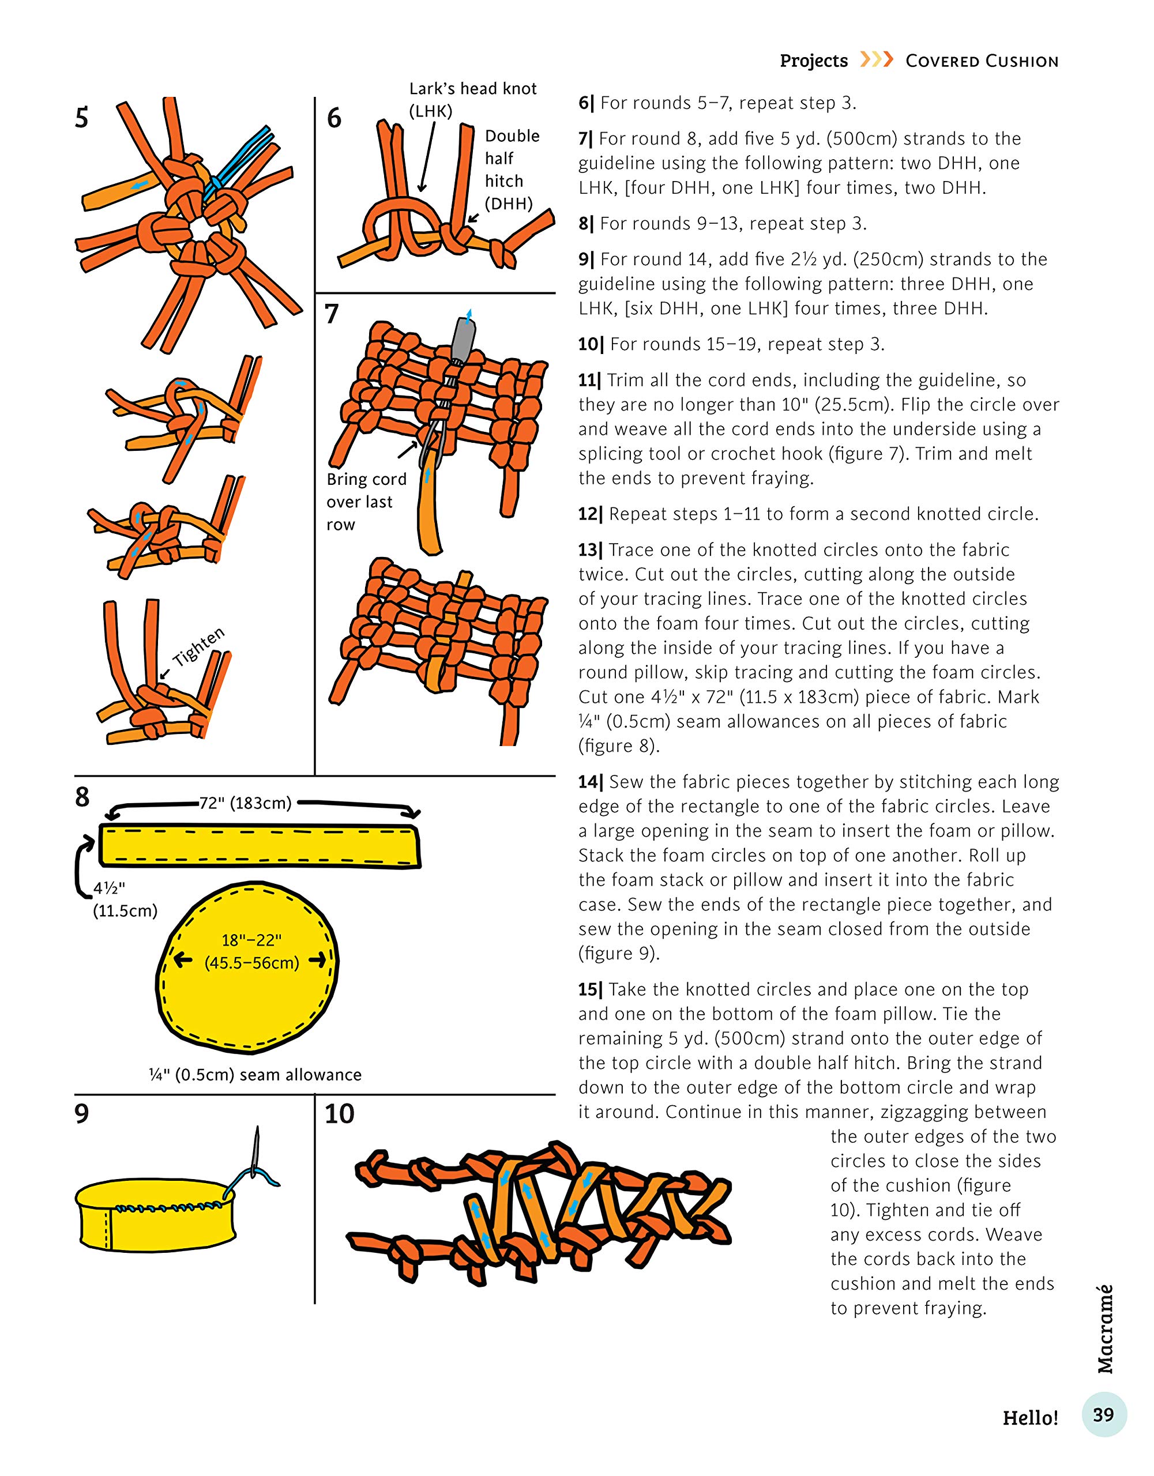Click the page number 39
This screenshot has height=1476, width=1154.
tap(1103, 1414)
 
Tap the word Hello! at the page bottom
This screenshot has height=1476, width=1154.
tap(1029, 1417)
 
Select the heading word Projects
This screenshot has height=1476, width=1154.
tap(813, 61)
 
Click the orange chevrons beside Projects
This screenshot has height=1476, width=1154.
tap(876, 59)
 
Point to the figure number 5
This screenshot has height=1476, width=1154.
tap(81, 118)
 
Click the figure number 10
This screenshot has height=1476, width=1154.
tap(339, 1114)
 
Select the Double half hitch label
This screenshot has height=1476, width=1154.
tap(511, 169)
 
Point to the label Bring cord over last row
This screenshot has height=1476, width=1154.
tap(366, 502)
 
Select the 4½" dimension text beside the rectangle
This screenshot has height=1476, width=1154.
tap(109, 888)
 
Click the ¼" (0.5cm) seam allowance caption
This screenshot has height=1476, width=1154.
tap(255, 1075)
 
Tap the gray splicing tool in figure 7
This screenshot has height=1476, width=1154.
tap(463, 341)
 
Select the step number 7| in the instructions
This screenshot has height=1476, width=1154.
tap(585, 139)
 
